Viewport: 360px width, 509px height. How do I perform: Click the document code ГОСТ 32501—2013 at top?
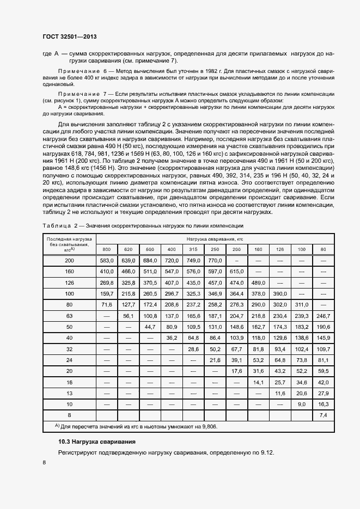(69, 37)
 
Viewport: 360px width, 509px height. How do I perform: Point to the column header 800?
(106, 249)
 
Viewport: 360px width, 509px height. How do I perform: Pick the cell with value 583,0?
(106, 261)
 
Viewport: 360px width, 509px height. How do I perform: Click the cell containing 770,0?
(215, 261)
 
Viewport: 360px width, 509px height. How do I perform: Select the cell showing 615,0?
(236, 271)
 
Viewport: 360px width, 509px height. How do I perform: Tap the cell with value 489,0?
(258, 283)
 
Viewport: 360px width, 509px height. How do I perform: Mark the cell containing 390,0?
(280, 293)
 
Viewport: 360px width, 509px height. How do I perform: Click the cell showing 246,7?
(323, 315)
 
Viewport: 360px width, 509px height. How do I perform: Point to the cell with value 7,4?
(323, 415)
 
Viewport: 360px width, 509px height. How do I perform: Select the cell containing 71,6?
(106, 304)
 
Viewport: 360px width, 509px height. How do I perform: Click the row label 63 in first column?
(69, 315)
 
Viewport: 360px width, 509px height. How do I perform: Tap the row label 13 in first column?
(69, 393)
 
